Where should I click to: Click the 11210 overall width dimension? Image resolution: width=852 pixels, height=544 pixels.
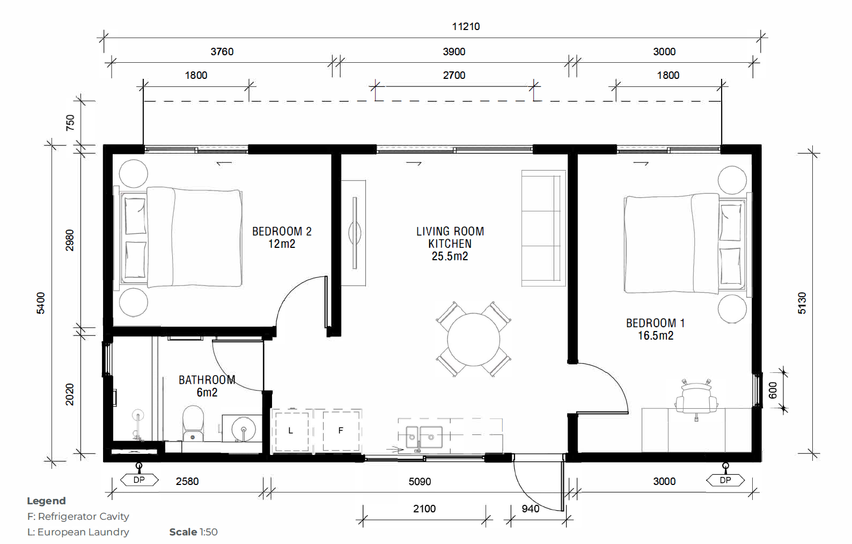point(466,27)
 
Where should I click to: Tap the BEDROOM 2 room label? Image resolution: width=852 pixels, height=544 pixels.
point(282,237)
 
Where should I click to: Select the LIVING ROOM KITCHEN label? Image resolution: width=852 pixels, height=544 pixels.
point(450,244)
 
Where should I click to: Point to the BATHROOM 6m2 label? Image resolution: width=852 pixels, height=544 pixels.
point(207,386)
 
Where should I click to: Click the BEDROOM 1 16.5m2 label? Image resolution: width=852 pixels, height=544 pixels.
point(655,329)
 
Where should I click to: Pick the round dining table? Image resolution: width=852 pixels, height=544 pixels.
point(474,340)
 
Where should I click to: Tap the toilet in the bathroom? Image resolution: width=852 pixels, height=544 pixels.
point(193,423)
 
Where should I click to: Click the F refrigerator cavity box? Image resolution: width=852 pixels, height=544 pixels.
point(341,431)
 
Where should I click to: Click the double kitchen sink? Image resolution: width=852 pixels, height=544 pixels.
point(424,437)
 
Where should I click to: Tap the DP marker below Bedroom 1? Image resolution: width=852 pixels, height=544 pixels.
point(725,480)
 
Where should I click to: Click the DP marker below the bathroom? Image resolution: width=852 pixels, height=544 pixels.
point(139,480)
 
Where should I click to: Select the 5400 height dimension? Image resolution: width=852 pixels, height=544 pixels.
point(40,303)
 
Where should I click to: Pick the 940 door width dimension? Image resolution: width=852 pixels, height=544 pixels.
point(530,509)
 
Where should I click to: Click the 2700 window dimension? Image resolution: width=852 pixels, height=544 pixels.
point(454,75)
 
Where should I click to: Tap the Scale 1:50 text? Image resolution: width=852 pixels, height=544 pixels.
point(193,532)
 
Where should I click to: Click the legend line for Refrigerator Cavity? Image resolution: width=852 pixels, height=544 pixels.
point(78,516)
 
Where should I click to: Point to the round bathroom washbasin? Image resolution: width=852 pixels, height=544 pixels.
point(244,429)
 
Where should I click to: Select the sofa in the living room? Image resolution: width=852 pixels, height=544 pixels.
point(543,228)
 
